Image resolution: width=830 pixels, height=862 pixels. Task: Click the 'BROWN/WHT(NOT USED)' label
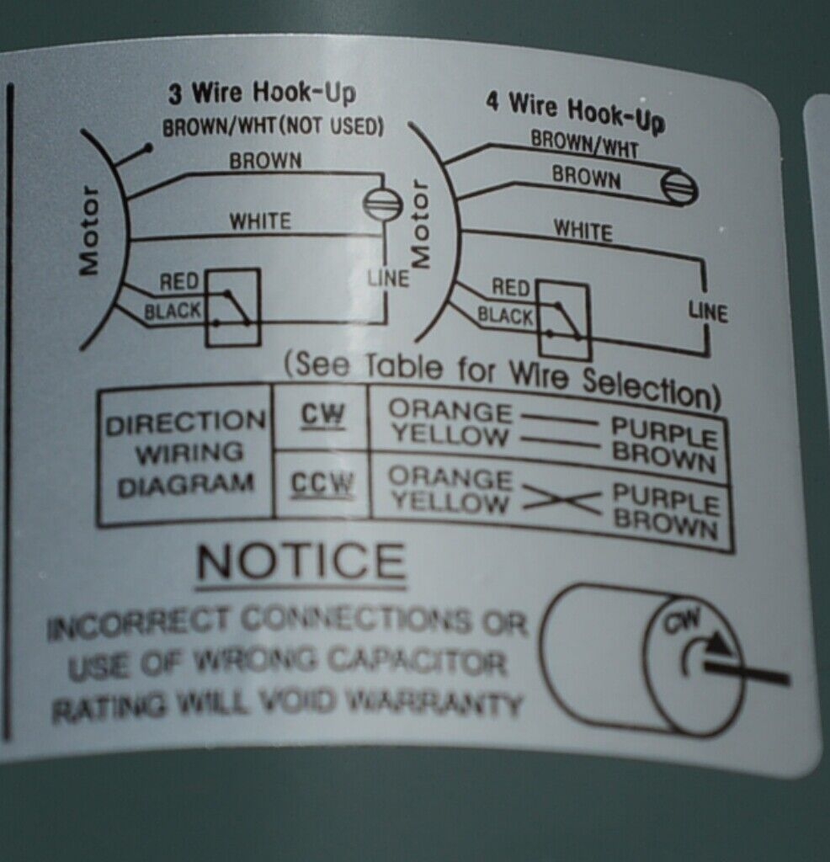tap(274, 128)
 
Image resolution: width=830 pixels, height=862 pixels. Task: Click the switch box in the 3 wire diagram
tap(232, 307)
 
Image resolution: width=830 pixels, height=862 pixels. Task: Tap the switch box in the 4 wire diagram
tap(563, 320)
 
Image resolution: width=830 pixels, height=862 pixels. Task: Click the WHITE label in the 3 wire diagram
tap(261, 221)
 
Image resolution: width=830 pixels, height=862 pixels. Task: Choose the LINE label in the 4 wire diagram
tap(708, 311)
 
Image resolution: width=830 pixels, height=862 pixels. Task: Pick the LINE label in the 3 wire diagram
tap(388, 277)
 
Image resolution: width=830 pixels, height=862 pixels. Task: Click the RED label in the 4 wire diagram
tap(511, 288)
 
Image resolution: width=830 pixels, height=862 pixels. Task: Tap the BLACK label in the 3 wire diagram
tap(173, 311)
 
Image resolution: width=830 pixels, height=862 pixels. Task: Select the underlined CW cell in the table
tap(322, 415)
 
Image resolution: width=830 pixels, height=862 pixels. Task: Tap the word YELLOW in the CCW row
tap(450, 503)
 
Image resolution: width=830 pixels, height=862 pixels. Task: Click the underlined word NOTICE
tap(301, 561)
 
